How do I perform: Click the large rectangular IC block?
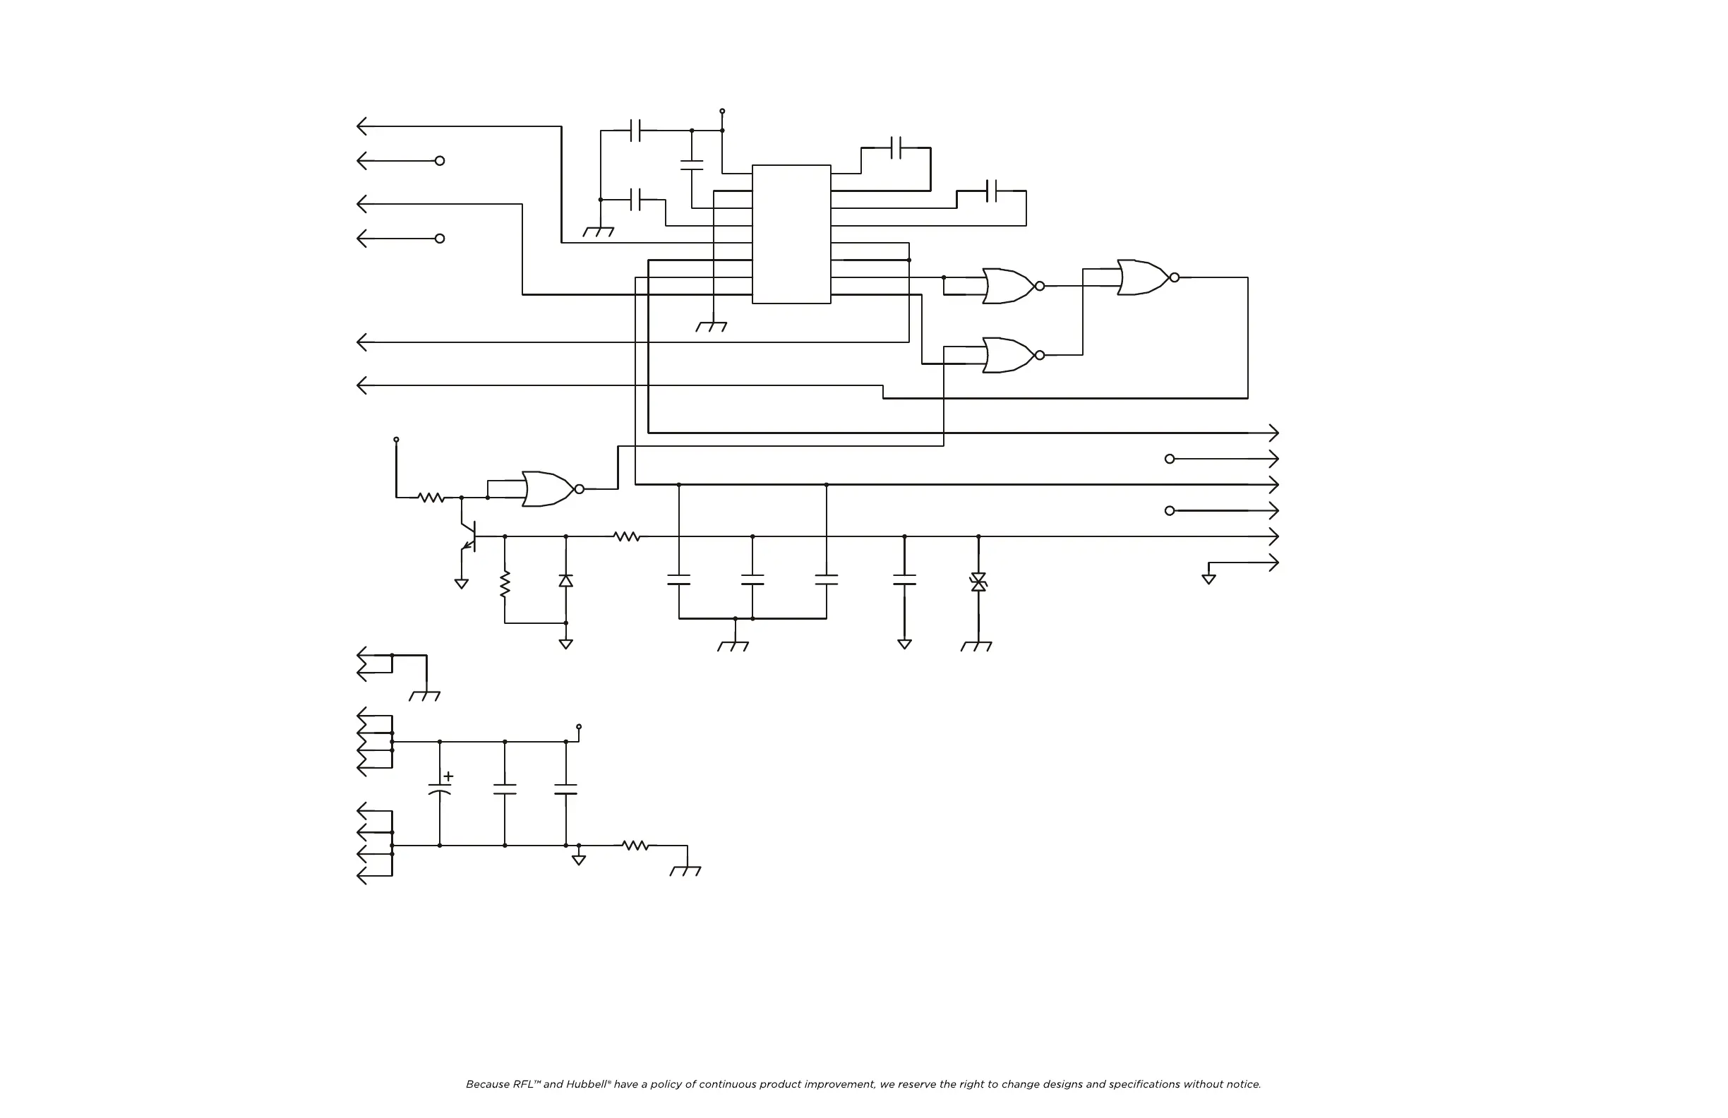(x=791, y=234)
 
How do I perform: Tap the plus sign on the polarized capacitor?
(x=449, y=777)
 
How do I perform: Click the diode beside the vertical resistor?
(x=565, y=581)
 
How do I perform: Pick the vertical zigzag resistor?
(x=505, y=584)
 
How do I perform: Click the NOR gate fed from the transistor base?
(x=548, y=488)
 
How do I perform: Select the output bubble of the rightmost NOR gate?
(x=1174, y=277)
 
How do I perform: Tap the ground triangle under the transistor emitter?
(x=461, y=584)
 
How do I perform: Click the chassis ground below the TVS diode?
(x=976, y=645)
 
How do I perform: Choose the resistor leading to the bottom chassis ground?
(x=635, y=845)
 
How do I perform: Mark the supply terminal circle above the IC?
(x=721, y=111)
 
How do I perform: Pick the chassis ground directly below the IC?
(x=712, y=327)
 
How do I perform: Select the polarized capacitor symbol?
(x=439, y=788)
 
